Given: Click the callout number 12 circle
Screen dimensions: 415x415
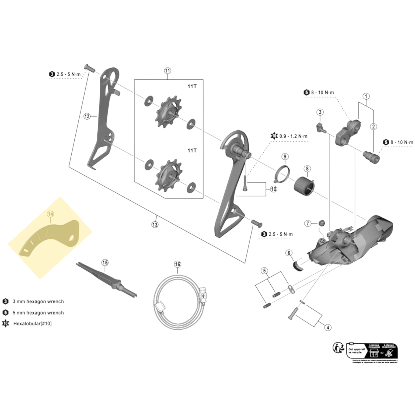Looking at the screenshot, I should (87, 116).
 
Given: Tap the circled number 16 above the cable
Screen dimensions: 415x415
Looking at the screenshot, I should (178, 264).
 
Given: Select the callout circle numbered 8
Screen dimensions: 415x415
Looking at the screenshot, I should (307, 169).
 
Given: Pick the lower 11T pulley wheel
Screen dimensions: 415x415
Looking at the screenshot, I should (168, 176).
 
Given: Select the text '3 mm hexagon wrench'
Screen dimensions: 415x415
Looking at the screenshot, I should (38, 301).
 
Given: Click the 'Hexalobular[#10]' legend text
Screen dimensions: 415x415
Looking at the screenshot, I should (32, 323).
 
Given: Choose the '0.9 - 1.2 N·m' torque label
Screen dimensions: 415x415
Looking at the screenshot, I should (293, 136).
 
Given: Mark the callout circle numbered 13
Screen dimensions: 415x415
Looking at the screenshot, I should (155, 225).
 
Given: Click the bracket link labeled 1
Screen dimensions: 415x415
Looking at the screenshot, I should (348, 132).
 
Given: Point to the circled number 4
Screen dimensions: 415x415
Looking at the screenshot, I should (328, 327).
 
